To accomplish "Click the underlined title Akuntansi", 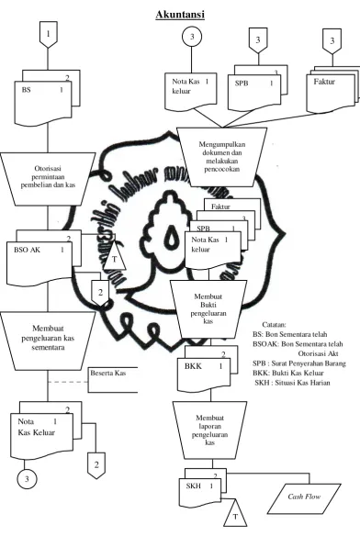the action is pos(180,15).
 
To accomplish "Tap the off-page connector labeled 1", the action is pos(49,34).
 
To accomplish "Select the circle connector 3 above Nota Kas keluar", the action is pos(192,37).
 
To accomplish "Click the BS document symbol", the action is pos(43,103).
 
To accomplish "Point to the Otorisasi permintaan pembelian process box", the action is pos(48,179).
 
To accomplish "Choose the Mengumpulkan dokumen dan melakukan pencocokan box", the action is pos(221,157).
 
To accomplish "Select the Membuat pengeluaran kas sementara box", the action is pos(48,341).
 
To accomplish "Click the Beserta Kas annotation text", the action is pos(107,373).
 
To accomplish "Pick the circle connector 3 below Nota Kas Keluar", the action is pos(27,479).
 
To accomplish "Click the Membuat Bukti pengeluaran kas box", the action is pos(208,309).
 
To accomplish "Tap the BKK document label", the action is pos(194,366).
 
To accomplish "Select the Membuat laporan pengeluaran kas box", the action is pos(209,430).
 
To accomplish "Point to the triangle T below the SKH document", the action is pos(235,513).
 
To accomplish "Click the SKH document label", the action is pos(194,486).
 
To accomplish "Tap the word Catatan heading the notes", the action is pos(274,324).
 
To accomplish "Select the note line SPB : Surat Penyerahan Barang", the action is pos(299,363).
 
